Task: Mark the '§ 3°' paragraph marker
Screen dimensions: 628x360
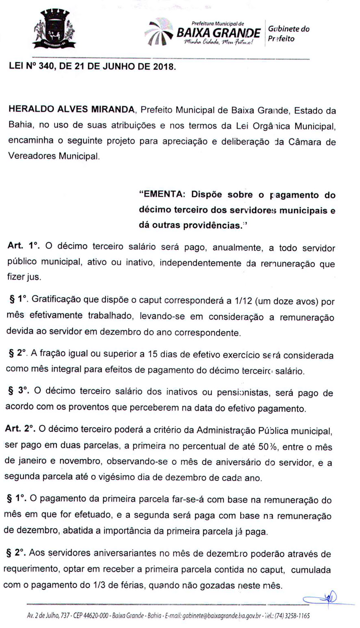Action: point(20,393)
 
